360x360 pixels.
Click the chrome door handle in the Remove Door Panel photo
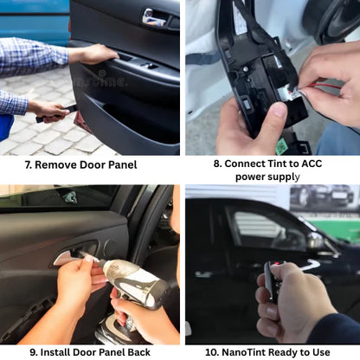pyautogui.click(x=155, y=17)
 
